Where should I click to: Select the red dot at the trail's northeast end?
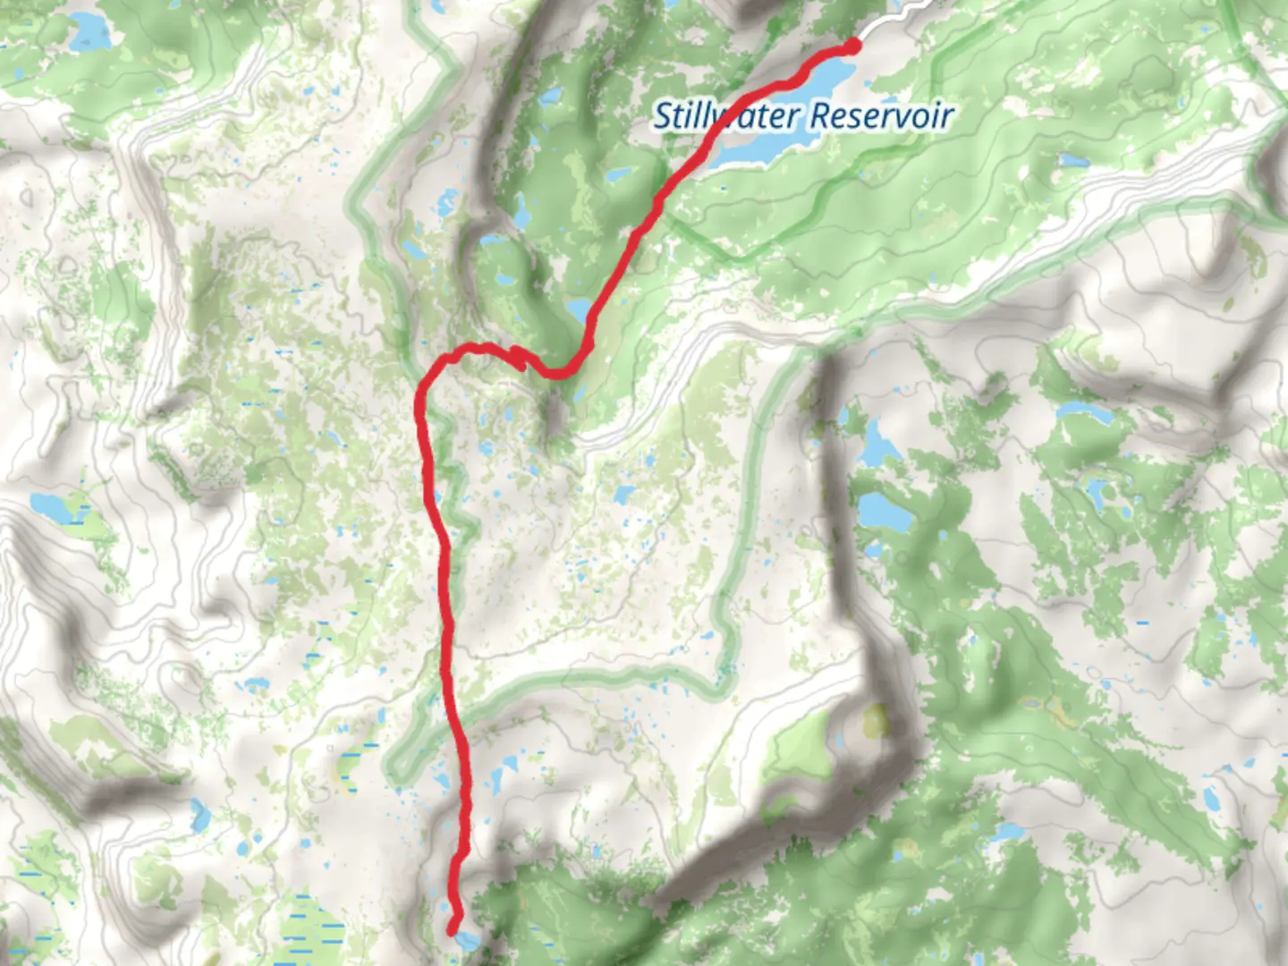click(x=852, y=46)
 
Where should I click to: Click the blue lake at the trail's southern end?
click(x=466, y=940)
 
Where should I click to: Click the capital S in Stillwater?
click(x=663, y=116)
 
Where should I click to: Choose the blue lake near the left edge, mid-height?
click(x=55, y=507)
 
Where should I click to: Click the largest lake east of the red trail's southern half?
click(x=884, y=512)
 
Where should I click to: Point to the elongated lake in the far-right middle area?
click(x=1085, y=413)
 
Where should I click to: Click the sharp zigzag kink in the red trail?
click(x=518, y=359)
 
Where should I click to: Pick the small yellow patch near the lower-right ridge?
click(x=876, y=721)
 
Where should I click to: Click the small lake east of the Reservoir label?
click(x=1072, y=161)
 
